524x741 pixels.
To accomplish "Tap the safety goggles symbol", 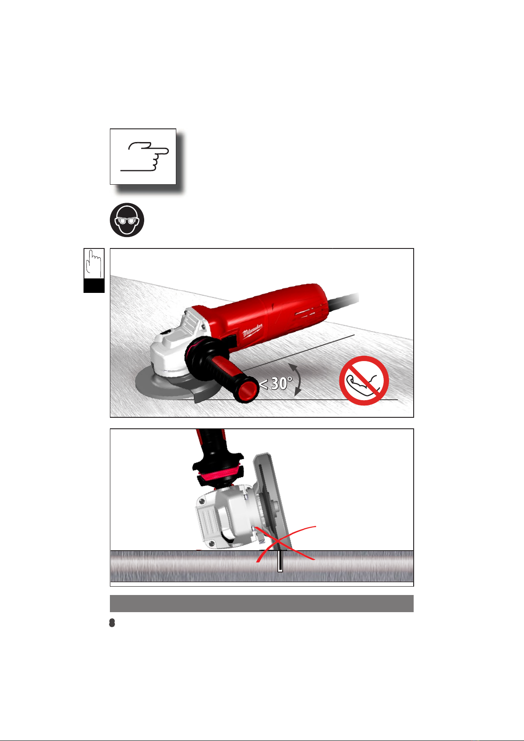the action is [x=127, y=220].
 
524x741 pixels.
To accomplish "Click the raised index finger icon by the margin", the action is [x=94, y=264].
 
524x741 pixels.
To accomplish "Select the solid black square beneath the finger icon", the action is [x=94, y=285].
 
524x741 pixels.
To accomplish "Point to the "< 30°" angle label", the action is [x=276, y=383].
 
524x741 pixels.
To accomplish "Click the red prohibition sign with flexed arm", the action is [x=364, y=380].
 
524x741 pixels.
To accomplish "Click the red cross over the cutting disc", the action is [x=286, y=544].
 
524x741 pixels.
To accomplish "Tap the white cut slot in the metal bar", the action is [x=280, y=561].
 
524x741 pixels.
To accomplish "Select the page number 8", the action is [x=112, y=623].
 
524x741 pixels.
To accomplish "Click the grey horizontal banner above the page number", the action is [x=262, y=603].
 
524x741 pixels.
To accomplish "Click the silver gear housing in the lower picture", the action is [x=225, y=518].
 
